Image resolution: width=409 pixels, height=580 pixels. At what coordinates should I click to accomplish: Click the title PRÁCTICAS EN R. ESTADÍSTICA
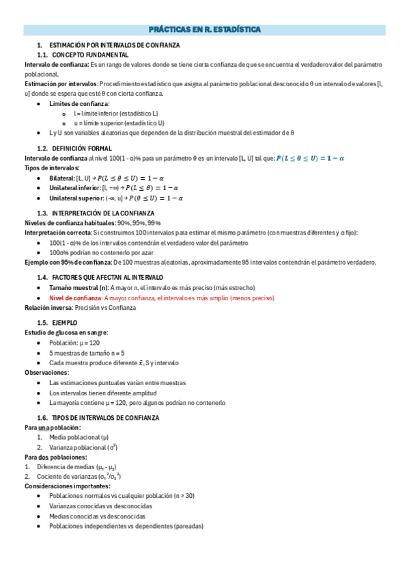coord(204,30)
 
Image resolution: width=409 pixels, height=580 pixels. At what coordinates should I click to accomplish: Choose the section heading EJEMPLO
coord(64,322)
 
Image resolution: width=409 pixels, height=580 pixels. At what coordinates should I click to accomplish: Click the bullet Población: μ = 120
coord(74,342)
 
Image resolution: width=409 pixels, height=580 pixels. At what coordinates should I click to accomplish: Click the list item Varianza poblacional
coord(82,447)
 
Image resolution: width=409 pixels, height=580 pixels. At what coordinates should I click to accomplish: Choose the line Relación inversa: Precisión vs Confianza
coord(80,308)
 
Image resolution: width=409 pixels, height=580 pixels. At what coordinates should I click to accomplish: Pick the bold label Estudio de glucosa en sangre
coord(66,332)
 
